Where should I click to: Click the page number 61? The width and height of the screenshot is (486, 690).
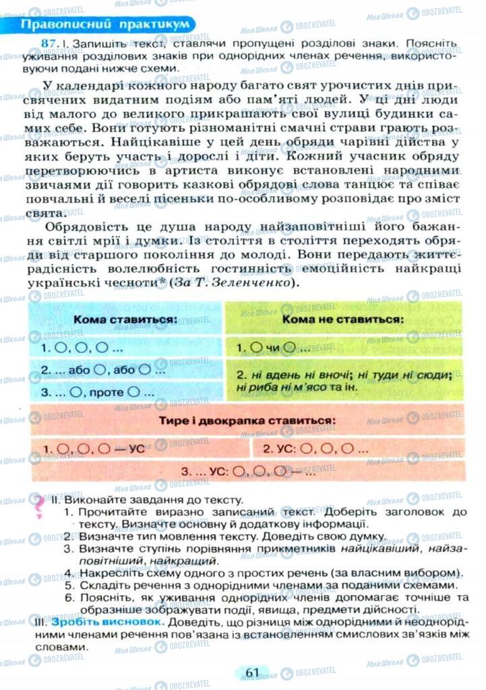(253, 672)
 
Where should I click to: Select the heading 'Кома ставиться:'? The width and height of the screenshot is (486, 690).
(125, 319)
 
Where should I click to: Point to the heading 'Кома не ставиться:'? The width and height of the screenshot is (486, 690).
(342, 319)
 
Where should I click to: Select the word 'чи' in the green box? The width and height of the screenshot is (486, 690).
(273, 348)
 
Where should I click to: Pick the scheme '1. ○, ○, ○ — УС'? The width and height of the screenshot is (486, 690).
(94, 449)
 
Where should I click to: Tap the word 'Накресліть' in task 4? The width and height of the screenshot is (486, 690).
(109, 573)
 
